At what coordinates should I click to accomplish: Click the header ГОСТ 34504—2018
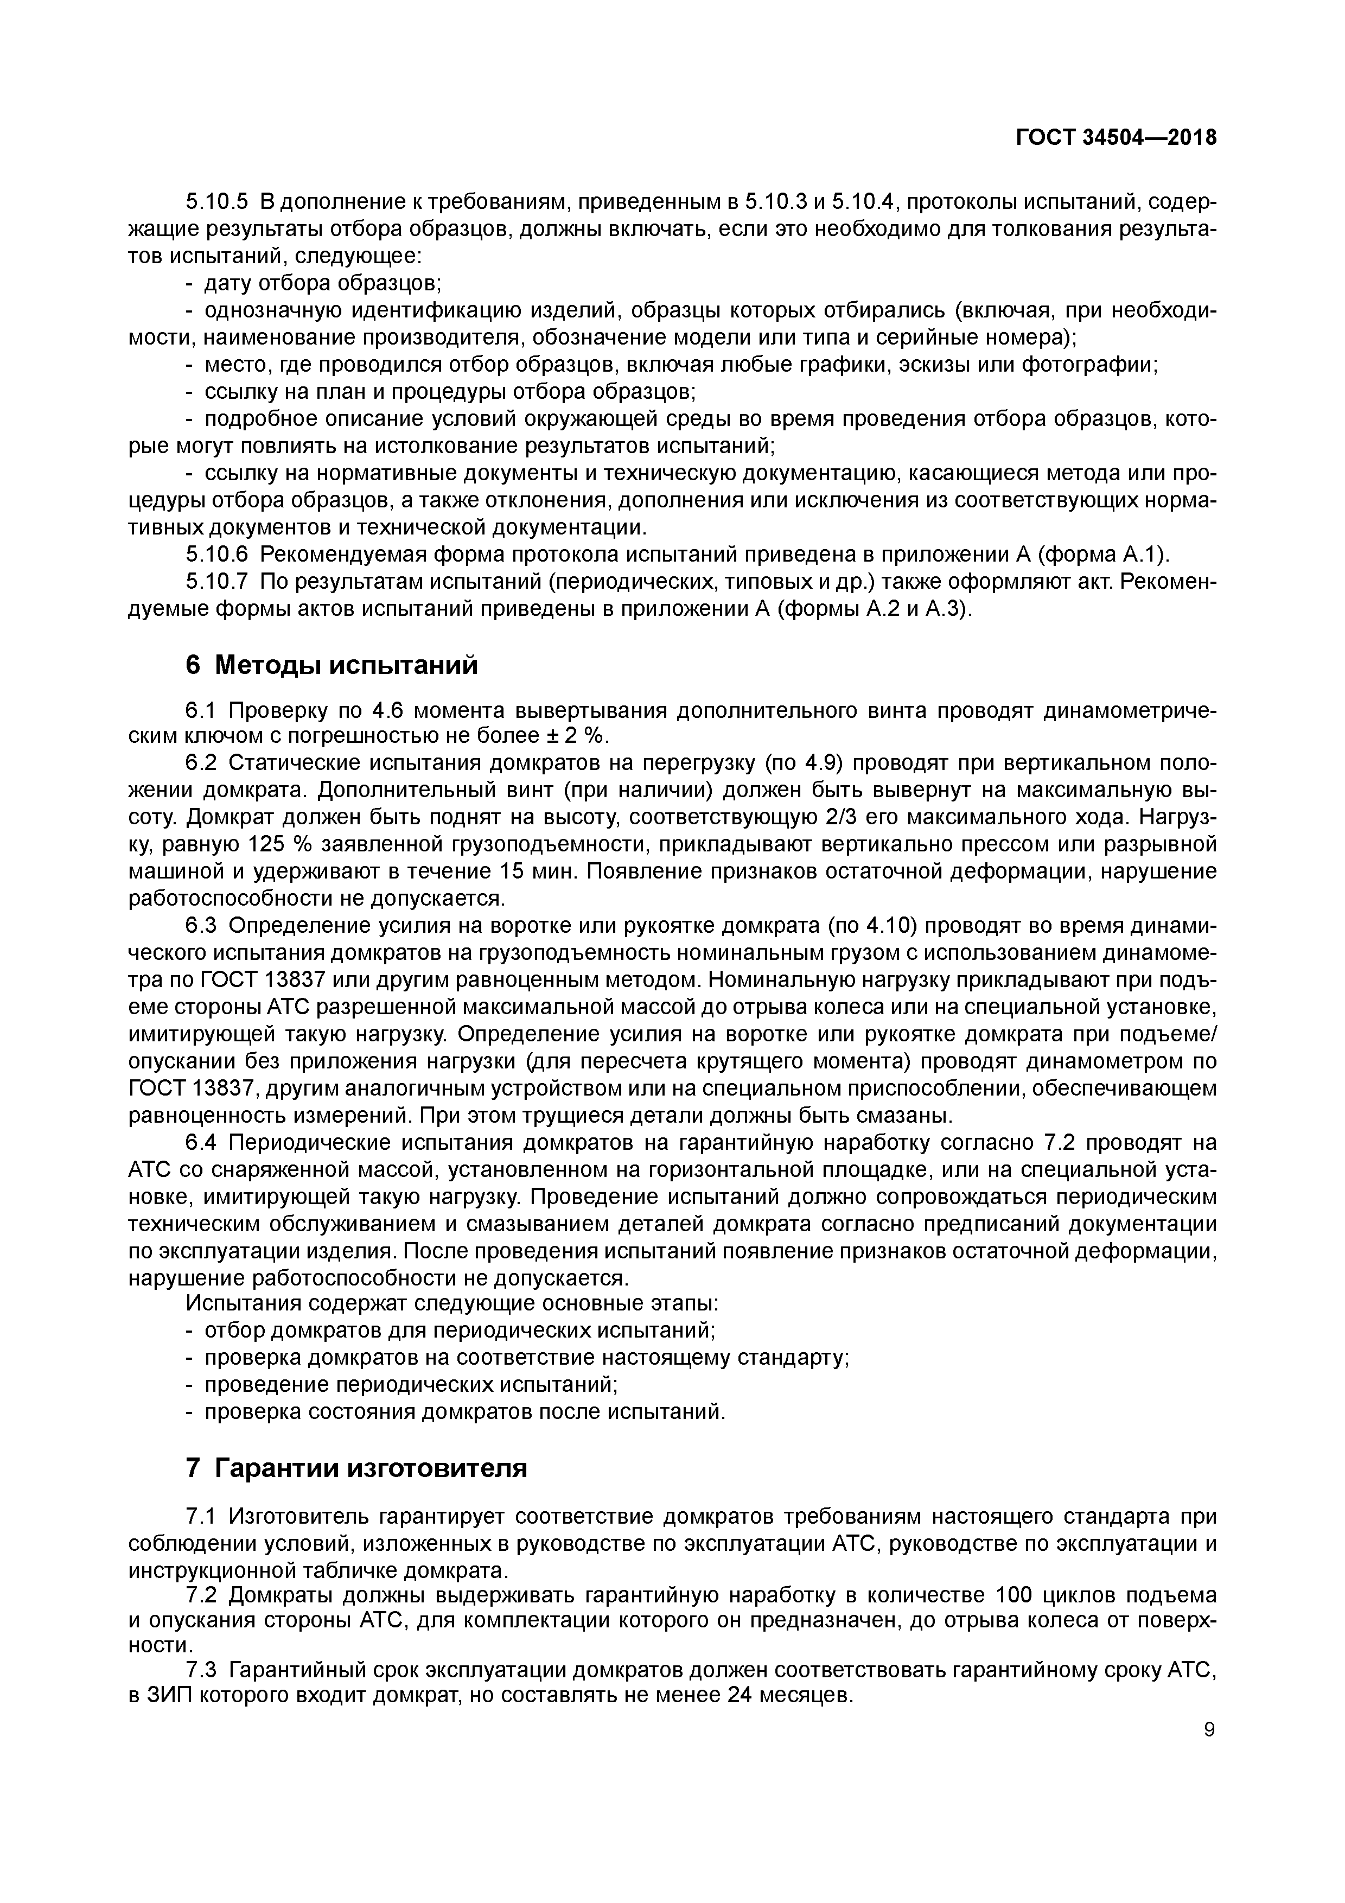click(1116, 138)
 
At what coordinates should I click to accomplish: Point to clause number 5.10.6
click(216, 555)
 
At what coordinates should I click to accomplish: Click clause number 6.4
click(201, 1143)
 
